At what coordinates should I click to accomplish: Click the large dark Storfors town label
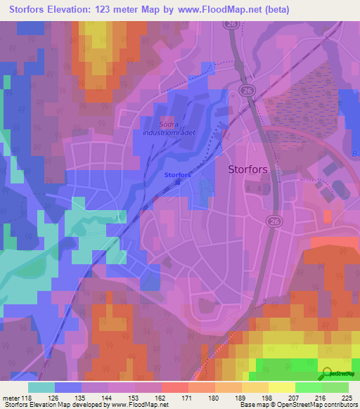(251, 169)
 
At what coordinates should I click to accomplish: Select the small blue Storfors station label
(177, 174)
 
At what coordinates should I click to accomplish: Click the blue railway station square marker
(178, 182)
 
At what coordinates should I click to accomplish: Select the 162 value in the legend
(160, 397)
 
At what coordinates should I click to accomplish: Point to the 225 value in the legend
(347, 397)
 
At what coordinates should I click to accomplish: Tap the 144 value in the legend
(107, 397)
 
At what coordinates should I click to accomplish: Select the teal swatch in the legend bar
(41, 387)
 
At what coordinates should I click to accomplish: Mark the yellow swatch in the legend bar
(281, 387)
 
